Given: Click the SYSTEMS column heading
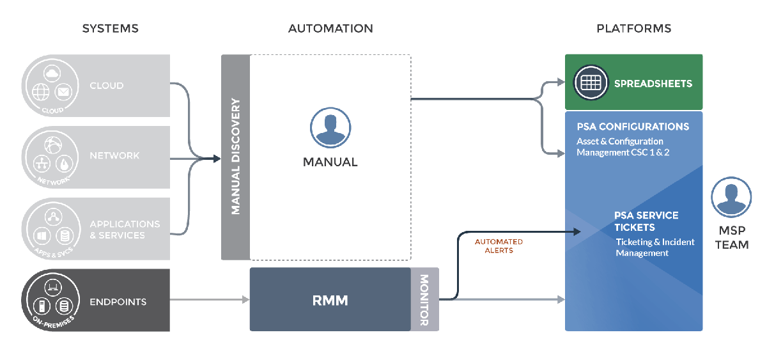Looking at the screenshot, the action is tap(110, 28).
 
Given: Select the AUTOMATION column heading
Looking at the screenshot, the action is tap(330, 28).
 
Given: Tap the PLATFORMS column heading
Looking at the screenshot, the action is tap(634, 28).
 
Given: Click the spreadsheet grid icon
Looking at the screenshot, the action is tap(591, 82).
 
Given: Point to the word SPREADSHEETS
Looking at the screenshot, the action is tap(653, 84).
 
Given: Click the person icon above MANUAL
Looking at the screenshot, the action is tap(330, 128).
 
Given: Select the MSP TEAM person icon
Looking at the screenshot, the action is tap(731, 197).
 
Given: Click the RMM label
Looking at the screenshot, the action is tap(330, 301).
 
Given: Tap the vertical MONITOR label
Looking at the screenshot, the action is tap(424, 300).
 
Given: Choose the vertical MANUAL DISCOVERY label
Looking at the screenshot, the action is tap(236, 157).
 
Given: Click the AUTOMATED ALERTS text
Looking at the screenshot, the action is tap(499, 246).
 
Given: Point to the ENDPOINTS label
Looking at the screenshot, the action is tap(118, 302).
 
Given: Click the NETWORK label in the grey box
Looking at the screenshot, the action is tap(114, 155).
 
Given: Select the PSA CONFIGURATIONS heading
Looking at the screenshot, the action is tap(633, 127).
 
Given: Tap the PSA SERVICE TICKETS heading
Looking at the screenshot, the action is tap(646, 221).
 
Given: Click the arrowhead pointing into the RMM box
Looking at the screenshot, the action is tap(246, 300).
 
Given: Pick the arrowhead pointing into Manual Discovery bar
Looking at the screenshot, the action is tap(217, 159).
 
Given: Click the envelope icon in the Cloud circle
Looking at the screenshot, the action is tap(63, 92).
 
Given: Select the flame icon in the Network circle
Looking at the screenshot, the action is tap(64, 164).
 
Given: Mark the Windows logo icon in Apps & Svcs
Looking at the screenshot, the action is tap(42, 236).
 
